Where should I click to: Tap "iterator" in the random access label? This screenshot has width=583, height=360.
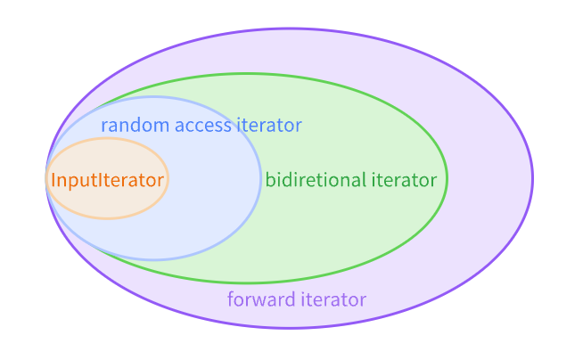(269, 126)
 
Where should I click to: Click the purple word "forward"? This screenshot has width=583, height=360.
(259, 299)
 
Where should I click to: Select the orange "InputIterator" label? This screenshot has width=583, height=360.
(107, 180)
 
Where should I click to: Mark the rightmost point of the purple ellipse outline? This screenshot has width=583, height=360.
(532, 178)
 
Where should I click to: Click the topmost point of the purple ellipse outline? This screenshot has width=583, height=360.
(289, 29)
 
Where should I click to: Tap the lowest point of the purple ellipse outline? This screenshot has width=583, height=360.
(289, 328)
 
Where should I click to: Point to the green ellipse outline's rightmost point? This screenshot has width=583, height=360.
(447, 178)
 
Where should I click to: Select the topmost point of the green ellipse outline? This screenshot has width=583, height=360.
(247, 74)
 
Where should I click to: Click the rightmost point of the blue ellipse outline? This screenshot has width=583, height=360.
(260, 178)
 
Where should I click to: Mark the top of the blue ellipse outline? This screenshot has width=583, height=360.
(153, 97)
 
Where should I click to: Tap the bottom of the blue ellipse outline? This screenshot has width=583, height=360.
(153, 259)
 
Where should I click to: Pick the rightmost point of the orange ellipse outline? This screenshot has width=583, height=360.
(168, 178)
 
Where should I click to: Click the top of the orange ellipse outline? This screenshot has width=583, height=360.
(107, 138)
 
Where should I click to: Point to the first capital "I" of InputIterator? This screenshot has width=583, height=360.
(53, 180)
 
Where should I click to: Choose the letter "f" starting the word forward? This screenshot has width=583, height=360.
(230, 299)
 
